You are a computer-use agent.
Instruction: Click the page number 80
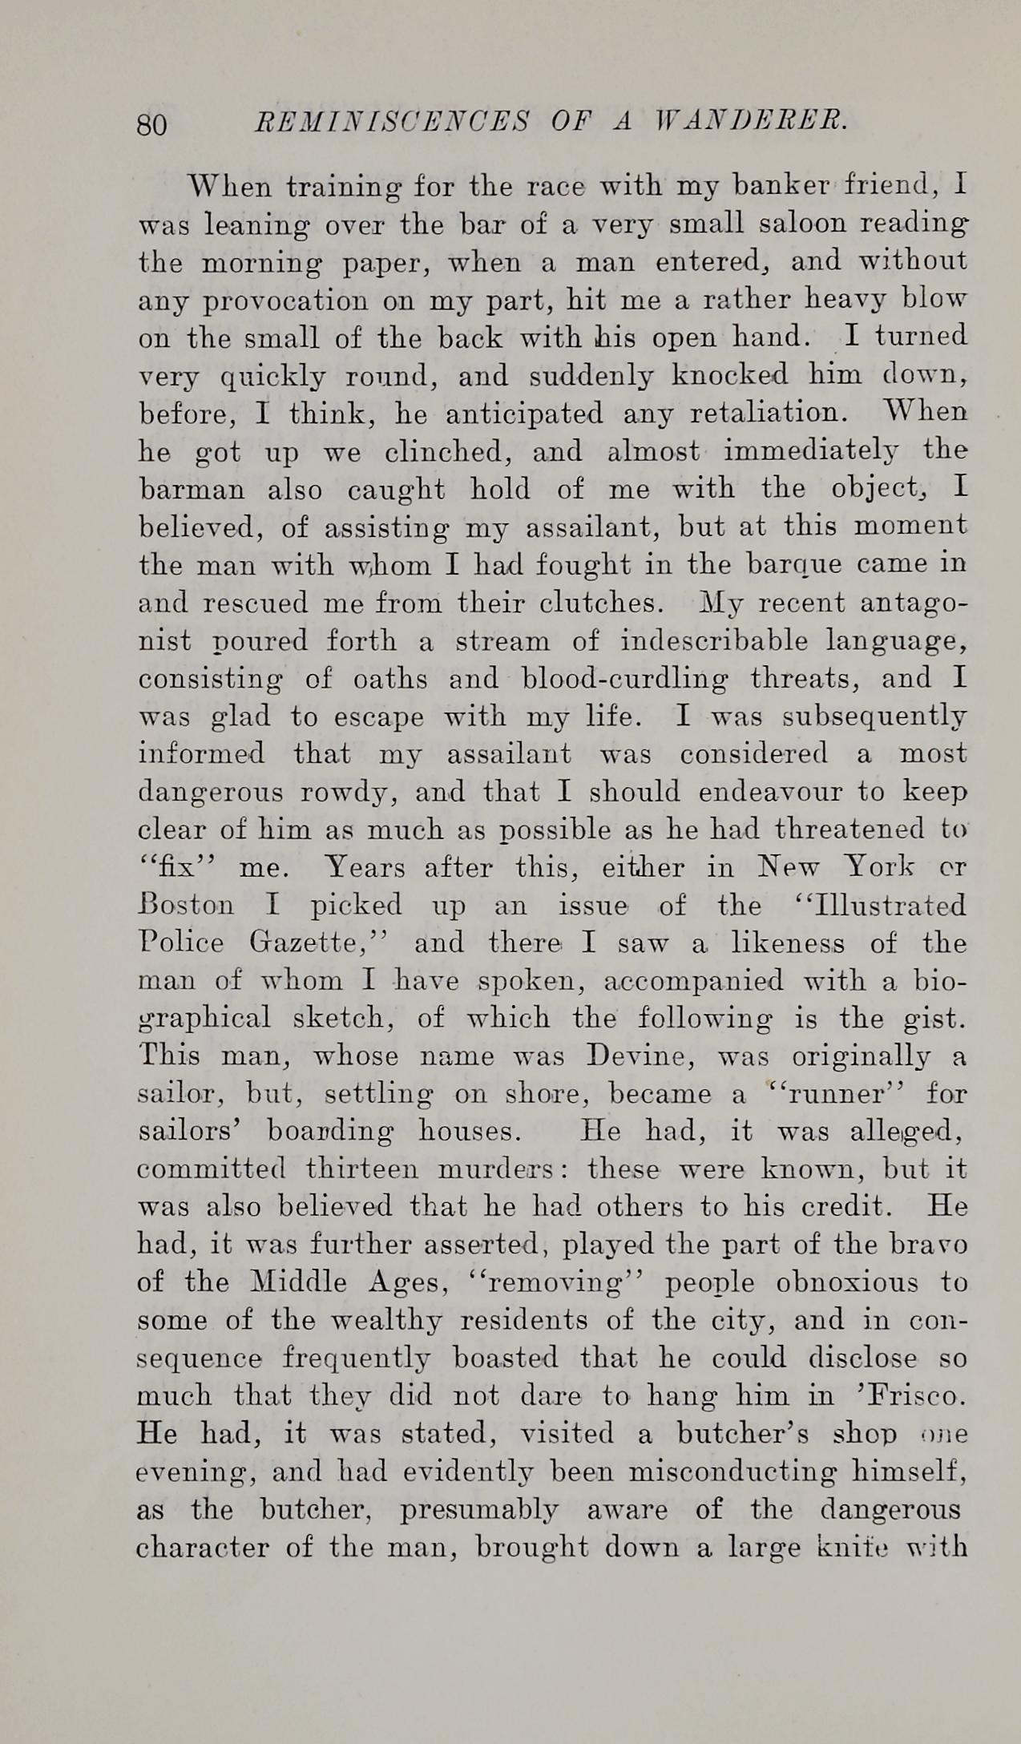point(152,126)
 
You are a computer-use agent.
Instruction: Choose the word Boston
point(187,906)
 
